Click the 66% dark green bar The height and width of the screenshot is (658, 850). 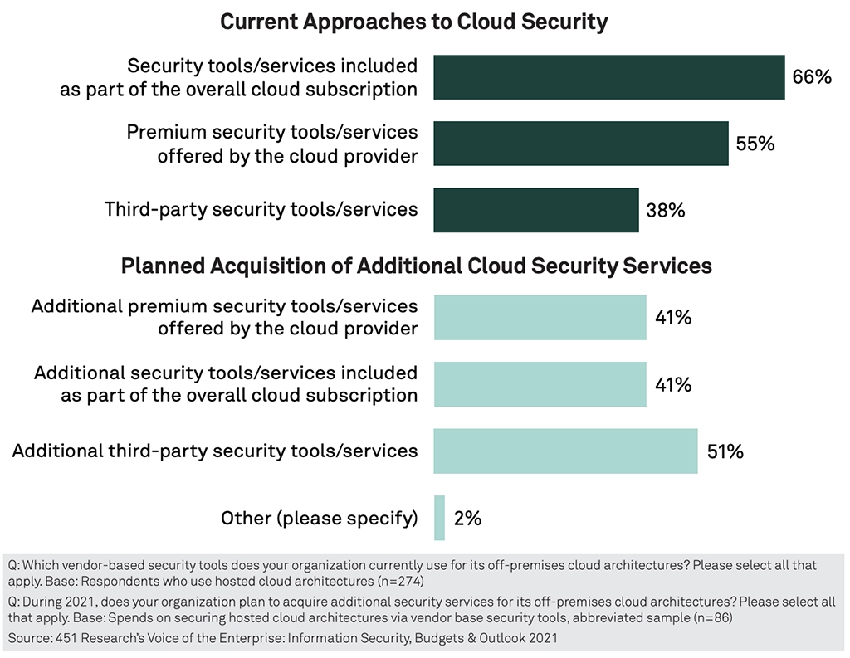609,77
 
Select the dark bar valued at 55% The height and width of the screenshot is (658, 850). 581,144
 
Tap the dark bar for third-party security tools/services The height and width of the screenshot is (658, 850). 536,210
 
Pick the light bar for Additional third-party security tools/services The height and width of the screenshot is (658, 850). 565,451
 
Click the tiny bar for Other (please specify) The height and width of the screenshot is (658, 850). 439,519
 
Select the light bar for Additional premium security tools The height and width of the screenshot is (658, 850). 540,317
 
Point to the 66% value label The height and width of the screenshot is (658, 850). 811,77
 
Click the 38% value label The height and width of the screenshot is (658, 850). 666,211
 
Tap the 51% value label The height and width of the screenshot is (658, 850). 724,452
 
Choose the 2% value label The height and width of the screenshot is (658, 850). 467,519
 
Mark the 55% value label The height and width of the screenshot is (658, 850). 755,144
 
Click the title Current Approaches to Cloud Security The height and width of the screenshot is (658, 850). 413,22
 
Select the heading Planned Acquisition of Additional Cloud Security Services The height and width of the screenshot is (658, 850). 417,266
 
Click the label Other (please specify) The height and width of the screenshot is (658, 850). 319,519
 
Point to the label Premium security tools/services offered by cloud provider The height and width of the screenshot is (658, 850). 271,144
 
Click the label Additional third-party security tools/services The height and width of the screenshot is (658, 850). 215,451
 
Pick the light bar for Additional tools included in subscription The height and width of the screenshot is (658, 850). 540,384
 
